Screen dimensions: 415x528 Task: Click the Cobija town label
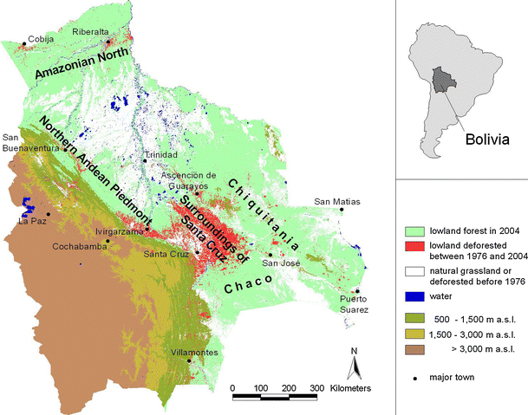42,39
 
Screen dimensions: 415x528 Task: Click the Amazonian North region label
82,65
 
